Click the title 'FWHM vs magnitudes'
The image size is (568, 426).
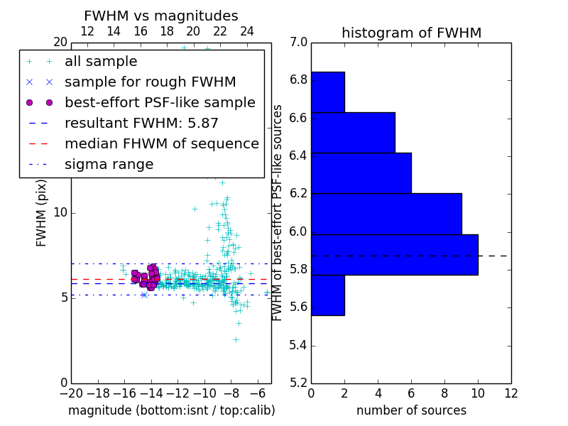click(x=161, y=16)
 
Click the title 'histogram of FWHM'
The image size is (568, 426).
click(x=411, y=33)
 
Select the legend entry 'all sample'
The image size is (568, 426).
click(x=101, y=62)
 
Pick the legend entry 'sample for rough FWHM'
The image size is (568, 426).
click(x=150, y=82)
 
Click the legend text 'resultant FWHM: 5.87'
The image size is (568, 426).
click(x=141, y=123)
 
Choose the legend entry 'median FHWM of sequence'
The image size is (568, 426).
click(x=161, y=143)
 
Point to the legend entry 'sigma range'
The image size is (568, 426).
click(x=109, y=164)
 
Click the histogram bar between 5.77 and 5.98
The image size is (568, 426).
click(x=394, y=254)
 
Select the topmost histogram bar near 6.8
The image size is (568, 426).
click(x=327, y=92)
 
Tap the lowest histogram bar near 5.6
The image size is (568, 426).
click(x=327, y=295)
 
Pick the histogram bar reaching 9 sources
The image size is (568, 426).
click(x=386, y=214)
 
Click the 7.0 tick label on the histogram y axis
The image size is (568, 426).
click(x=298, y=43)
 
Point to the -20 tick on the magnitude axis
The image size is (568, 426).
click(x=71, y=393)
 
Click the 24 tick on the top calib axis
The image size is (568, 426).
click(x=247, y=31)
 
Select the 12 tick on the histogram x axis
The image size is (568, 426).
click(x=510, y=393)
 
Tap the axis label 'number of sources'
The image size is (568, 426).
click(x=411, y=410)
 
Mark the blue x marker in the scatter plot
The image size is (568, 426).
click(x=144, y=294)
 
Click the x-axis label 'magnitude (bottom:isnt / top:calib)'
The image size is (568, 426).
click(x=171, y=410)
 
